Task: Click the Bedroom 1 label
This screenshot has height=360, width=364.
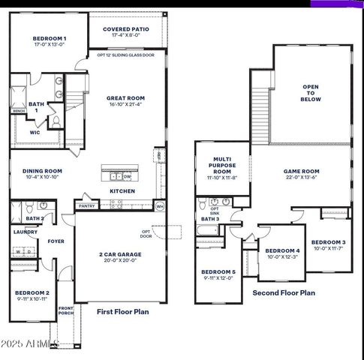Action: coord(50,38)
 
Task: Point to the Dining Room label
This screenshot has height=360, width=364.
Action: coord(42,170)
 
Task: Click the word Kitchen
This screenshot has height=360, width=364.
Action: coord(122,191)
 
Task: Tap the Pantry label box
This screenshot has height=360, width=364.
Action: coord(86,205)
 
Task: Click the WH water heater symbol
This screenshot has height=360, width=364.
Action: coord(159,205)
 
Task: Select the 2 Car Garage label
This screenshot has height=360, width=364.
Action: coord(121,254)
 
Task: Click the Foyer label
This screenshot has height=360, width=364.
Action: coord(56,241)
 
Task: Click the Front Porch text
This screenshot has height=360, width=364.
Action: coord(66,311)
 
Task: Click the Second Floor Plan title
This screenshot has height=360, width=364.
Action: coord(284,293)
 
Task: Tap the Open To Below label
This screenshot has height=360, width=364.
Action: coord(311,93)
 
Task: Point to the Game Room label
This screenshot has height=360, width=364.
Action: coord(301,171)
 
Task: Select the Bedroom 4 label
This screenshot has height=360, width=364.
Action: coord(282,250)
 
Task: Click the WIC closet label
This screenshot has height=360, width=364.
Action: coord(35,133)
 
